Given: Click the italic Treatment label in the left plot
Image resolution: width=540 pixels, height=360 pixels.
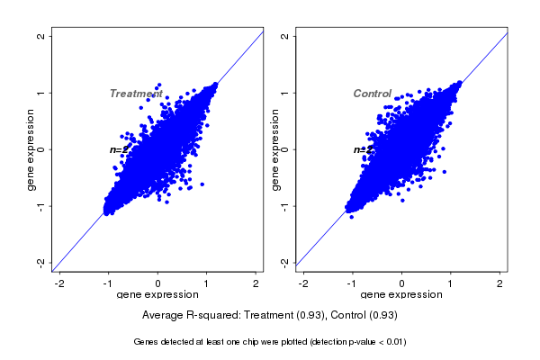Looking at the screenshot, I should [136, 94].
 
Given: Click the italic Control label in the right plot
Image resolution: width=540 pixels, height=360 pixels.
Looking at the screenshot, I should [372, 94].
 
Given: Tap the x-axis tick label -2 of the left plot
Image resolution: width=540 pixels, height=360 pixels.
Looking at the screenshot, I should [60, 283].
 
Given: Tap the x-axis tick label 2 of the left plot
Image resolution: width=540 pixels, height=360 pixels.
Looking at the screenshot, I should [256, 283].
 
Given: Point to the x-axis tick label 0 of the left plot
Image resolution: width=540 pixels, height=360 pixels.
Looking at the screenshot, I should [158, 283].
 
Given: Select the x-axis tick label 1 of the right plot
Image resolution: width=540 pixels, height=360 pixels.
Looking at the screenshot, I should [452, 283].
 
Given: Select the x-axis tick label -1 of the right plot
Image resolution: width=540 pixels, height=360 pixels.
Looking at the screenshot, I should [352, 283].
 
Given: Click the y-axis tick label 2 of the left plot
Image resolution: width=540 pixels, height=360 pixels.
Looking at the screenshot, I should [40, 36].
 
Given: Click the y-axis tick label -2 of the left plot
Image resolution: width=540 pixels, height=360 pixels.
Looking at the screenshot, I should [40, 262].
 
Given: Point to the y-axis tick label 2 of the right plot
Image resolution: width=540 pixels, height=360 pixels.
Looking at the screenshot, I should [285, 36].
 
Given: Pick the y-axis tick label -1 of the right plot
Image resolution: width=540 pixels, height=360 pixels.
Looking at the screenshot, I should [285, 206].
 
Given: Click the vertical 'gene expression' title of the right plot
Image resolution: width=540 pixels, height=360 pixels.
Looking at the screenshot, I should [275, 149].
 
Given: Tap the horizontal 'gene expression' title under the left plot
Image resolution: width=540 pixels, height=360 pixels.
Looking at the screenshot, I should [158, 295].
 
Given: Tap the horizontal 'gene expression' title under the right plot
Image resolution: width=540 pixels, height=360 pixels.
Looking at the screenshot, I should [402, 295].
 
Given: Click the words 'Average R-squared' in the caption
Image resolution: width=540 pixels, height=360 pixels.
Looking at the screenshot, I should [188, 315].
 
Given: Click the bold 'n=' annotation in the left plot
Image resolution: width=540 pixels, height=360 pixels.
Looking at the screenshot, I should [116, 149].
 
